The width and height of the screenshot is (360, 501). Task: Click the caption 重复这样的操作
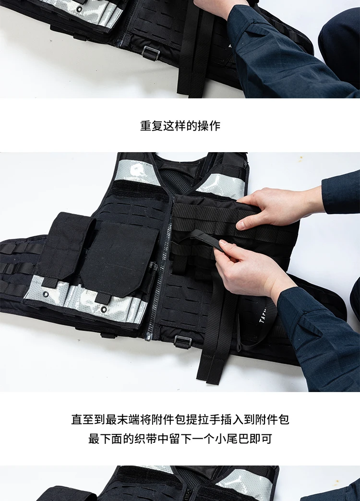coord(180,126)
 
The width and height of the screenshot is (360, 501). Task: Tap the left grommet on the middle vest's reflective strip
coord(47,294)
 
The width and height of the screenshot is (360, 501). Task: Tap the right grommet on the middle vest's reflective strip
coord(104,309)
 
